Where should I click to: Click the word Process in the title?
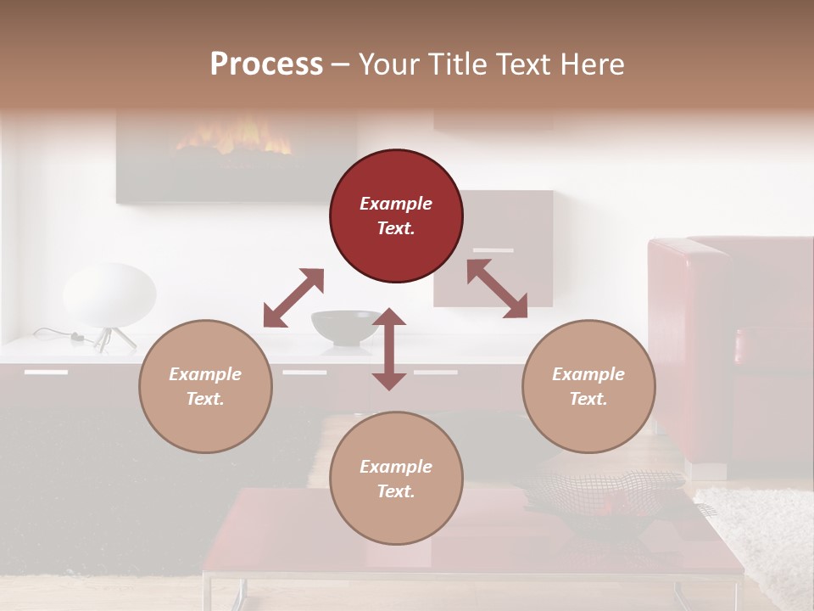click(x=266, y=64)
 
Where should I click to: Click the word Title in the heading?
click(x=459, y=64)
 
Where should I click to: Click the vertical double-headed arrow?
click(x=389, y=349)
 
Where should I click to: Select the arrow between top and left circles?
click(x=293, y=298)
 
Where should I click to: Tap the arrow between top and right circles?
click(x=497, y=289)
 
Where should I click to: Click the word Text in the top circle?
click(x=396, y=228)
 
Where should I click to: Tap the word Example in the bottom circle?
click(x=396, y=466)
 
